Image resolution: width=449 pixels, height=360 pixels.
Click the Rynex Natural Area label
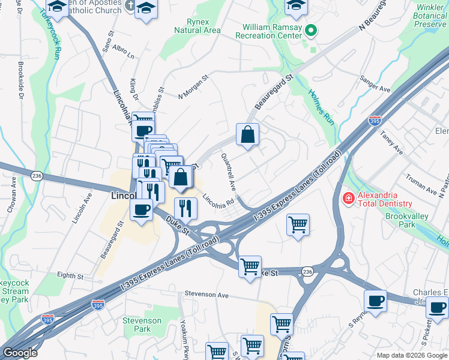click(196, 25)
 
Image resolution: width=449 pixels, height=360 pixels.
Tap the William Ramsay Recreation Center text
click(272, 31)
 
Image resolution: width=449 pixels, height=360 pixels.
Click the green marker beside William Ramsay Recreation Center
click(310, 31)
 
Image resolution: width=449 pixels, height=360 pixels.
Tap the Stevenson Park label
click(142, 325)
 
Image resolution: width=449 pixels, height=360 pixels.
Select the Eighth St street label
click(71, 276)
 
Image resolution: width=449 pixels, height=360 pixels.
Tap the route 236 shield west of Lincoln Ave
click(37, 174)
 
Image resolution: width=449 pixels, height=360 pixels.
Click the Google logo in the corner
click(20, 353)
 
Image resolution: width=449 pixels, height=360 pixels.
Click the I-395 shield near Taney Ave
click(375, 121)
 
